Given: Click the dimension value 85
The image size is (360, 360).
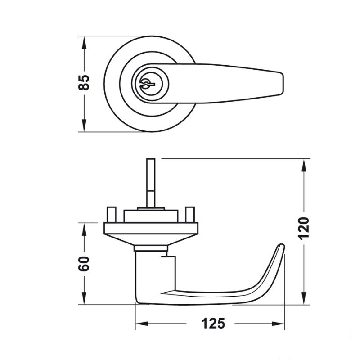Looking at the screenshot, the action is (x=84, y=82).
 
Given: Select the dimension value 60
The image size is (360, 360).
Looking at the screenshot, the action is (x=84, y=264).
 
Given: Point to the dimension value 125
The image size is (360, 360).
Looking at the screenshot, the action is (x=213, y=324).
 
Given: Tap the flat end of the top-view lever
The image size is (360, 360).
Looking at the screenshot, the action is (x=283, y=84).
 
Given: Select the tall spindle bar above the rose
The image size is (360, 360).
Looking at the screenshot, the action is (x=151, y=183).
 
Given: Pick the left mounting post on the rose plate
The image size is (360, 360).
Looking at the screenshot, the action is (x=111, y=215).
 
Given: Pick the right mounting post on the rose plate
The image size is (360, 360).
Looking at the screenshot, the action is (x=190, y=215).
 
